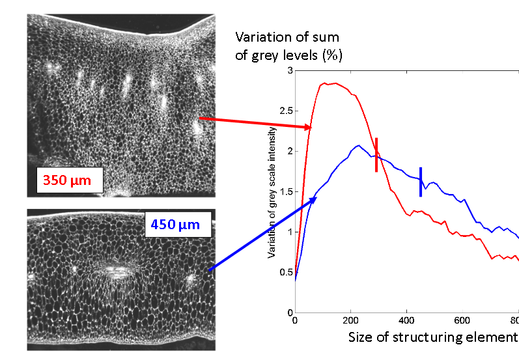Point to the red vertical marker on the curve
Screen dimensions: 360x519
point(376,155)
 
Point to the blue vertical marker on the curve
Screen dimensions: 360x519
point(421,182)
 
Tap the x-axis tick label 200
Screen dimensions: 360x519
point(350,320)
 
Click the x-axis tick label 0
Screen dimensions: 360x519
point(295,320)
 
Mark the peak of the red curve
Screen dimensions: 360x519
point(332,83)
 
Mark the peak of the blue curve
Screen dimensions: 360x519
point(358,145)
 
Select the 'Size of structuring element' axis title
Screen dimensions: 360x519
point(432,337)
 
